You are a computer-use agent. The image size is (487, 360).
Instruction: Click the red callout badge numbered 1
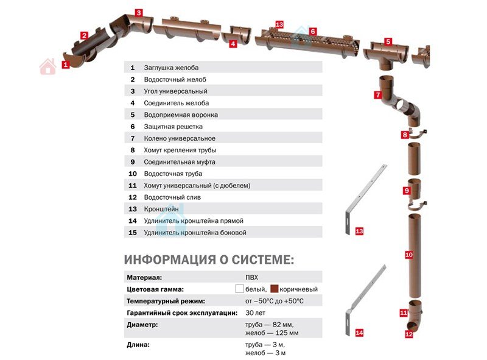coord(65,64)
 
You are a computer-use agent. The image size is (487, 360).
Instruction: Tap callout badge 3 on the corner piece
coord(139,12)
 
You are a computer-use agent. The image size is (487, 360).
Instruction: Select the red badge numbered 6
coord(312,30)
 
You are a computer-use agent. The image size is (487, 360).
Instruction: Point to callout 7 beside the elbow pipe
coord(377,94)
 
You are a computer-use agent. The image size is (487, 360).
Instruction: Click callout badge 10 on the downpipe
coord(409,254)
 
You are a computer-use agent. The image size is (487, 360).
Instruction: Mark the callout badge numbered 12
coord(409,334)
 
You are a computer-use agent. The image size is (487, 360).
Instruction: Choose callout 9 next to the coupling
coord(406,191)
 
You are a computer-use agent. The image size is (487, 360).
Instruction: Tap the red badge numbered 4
coord(233,43)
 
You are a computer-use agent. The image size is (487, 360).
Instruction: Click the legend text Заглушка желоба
coord(171,68)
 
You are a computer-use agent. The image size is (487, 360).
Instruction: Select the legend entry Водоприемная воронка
coord(181,115)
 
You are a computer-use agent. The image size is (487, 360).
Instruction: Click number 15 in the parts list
coord(132,233)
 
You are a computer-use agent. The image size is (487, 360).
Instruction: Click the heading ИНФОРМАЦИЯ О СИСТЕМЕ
coord(209,260)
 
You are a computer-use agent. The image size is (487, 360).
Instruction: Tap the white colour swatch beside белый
coord(239,289)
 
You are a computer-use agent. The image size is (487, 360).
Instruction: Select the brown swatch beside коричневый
coord(275,289)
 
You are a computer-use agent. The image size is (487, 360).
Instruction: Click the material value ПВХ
coord(251,277)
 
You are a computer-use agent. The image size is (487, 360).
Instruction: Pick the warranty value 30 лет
coord(254,313)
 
